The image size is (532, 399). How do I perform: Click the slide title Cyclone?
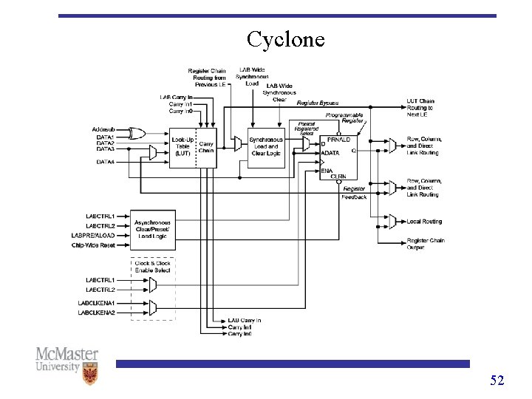click(285, 38)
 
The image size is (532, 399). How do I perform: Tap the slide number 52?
click(497, 381)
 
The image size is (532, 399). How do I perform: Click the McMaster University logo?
click(66, 364)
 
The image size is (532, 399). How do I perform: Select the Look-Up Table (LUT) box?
click(182, 146)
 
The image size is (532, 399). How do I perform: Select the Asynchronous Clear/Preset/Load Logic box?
click(152, 229)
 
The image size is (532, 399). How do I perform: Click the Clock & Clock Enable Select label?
click(152, 266)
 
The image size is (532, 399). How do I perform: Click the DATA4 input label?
click(106, 162)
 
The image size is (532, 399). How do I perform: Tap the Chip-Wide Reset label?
click(97, 245)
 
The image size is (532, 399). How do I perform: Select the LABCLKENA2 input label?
click(96, 313)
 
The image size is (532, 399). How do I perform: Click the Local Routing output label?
click(424, 222)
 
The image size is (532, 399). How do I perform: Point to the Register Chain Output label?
click(426, 244)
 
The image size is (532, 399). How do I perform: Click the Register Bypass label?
click(318, 103)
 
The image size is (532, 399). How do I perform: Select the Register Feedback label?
click(354, 193)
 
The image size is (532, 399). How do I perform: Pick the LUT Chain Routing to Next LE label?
click(420, 108)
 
